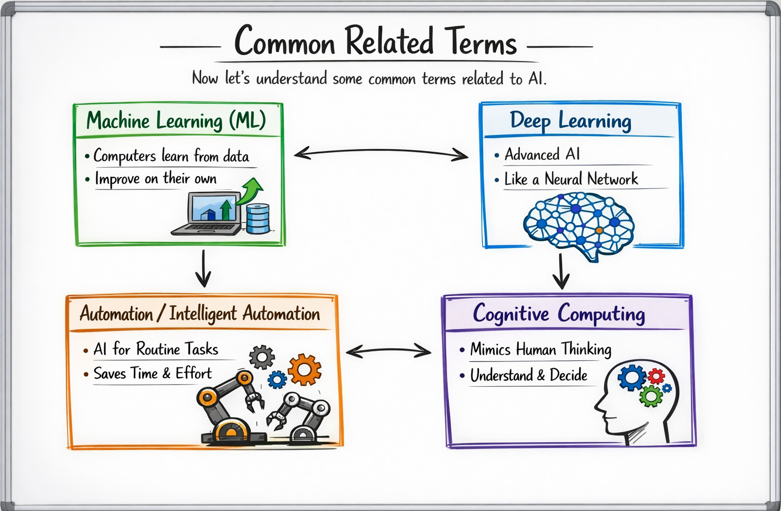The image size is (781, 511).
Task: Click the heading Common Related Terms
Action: click(x=375, y=42)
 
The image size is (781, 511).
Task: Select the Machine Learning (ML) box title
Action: click(x=176, y=121)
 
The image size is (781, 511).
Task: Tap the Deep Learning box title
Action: click(x=570, y=121)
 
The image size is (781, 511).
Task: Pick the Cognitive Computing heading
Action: click(x=559, y=314)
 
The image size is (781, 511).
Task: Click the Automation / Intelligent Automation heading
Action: click(x=200, y=314)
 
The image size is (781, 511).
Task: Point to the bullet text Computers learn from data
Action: click(x=171, y=156)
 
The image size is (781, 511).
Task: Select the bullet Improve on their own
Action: click(x=156, y=179)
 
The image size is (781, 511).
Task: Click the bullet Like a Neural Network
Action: click(x=570, y=179)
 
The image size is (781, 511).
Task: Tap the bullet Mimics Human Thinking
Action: click(x=540, y=350)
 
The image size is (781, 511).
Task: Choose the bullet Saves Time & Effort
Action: click(x=153, y=374)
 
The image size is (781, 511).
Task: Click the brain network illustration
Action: click(x=579, y=224)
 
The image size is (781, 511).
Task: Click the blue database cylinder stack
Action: click(x=258, y=218)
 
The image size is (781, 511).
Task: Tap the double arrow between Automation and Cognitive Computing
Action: click(x=388, y=351)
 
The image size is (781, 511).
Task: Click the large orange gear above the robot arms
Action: click(x=305, y=369)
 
